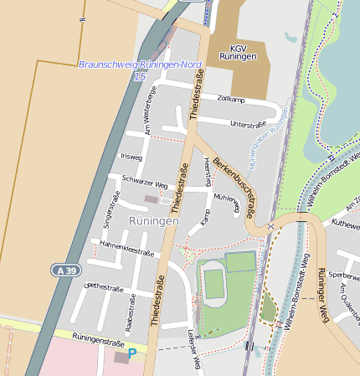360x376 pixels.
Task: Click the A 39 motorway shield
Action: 66,270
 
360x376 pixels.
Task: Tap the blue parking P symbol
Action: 131,354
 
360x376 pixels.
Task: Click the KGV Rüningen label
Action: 239,52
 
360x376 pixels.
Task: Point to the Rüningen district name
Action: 154,221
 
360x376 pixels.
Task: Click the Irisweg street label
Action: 131,157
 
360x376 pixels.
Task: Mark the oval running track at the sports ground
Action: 214,284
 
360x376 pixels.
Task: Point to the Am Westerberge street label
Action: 150,110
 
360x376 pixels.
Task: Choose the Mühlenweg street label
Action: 226,200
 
